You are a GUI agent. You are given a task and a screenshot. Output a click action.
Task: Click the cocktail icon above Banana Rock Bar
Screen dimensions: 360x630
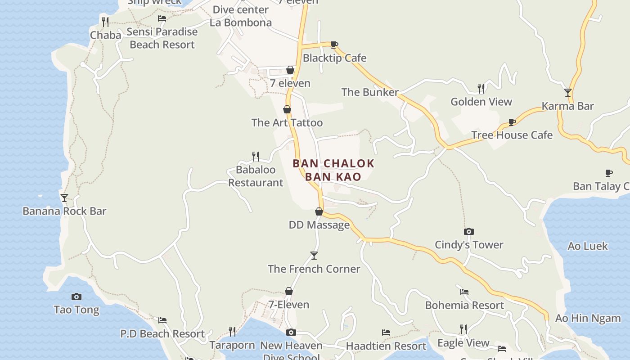tap(64, 198)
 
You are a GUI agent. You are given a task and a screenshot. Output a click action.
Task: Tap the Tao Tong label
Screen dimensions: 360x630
tap(76, 310)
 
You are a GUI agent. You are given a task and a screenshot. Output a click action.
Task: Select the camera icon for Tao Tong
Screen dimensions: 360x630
tap(76, 297)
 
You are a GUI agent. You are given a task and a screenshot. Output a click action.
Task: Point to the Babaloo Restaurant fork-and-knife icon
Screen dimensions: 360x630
tap(256, 156)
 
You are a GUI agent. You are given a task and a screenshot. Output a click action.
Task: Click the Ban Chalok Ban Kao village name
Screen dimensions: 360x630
tap(333, 170)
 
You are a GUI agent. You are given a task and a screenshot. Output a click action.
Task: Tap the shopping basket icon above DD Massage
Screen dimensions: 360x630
tap(319, 211)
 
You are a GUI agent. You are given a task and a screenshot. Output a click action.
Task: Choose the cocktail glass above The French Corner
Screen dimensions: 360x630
tap(314, 256)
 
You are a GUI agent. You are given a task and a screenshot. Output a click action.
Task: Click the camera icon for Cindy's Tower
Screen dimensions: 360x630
tap(469, 231)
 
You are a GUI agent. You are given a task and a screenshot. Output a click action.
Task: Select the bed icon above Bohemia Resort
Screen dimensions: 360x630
tap(464, 292)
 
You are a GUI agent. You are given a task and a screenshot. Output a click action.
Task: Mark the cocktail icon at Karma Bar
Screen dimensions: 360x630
tap(568, 93)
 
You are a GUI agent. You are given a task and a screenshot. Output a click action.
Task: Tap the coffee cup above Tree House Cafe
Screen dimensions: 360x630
tap(512, 122)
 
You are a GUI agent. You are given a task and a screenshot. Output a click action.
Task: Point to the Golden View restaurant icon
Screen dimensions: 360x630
tap(481, 88)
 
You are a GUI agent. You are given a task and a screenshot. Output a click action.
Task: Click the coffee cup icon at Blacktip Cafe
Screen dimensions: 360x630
tap(334, 45)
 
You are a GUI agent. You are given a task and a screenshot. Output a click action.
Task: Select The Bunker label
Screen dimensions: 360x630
tap(370, 92)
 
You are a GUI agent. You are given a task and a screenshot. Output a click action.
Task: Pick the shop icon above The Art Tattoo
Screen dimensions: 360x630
tap(287, 109)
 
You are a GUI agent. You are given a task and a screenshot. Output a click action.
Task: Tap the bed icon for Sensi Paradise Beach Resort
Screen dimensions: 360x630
tap(162, 18)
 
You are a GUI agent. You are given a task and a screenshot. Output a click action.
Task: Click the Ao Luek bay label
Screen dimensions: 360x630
tap(588, 246)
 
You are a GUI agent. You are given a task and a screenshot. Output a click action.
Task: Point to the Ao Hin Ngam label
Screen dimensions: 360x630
tap(588, 318)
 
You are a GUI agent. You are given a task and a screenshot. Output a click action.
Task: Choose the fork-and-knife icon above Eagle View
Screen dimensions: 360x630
tap(463, 329)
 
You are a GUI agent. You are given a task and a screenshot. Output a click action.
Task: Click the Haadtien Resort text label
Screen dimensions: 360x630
tap(386, 346)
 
